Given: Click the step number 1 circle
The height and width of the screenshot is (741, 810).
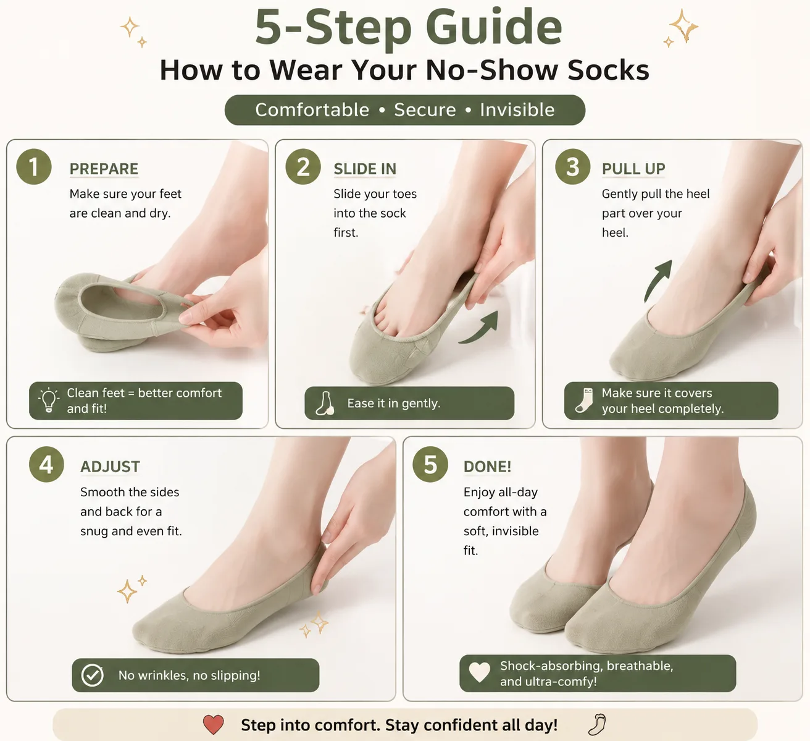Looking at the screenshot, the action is click(34, 166).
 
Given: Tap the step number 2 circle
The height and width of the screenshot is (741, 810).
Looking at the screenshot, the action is click(303, 166).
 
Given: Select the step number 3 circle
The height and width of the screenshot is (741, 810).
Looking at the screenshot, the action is click(572, 166).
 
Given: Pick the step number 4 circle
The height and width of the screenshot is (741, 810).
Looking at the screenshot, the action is click(46, 464).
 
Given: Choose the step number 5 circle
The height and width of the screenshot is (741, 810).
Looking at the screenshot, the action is click(430, 464).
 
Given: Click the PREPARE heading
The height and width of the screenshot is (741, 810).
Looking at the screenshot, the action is click(104, 169).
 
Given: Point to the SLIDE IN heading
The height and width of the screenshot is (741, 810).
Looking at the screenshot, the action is click(365, 169).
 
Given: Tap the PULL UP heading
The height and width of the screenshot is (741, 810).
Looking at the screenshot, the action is click(633, 169).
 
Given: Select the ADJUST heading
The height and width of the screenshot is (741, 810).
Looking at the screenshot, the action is click(110, 467).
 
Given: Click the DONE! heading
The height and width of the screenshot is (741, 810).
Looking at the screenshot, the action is click(487, 467).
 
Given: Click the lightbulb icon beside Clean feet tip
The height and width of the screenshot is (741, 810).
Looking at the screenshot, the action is click(48, 400).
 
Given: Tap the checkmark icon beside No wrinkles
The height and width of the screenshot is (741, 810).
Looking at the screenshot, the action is click(92, 675).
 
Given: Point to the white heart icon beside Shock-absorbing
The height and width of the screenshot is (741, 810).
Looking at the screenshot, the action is click(479, 672).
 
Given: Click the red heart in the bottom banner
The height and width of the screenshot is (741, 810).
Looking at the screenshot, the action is click(213, 724).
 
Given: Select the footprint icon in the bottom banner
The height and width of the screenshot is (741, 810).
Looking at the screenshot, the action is click(597, 724).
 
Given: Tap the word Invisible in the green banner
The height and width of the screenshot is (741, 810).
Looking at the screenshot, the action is click(517, 110).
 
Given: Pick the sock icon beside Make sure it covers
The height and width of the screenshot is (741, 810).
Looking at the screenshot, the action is click(584, 400).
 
